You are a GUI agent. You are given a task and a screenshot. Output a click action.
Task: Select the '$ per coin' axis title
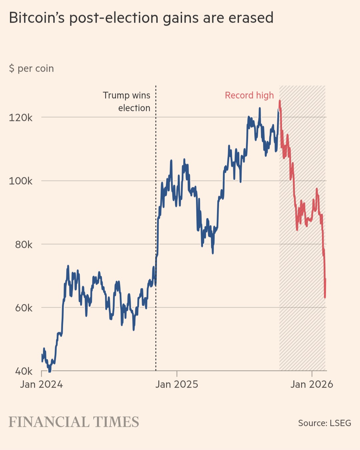pos(31,68)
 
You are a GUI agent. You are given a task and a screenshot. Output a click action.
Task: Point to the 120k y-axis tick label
pos(21,118)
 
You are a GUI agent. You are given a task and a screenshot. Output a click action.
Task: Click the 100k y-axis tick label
pos(21,181)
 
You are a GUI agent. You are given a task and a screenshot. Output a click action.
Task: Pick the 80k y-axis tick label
pos(24,245)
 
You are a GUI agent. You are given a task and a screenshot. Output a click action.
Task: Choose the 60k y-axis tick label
pos(24,308)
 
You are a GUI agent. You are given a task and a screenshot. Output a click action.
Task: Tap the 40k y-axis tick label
pos(24,371)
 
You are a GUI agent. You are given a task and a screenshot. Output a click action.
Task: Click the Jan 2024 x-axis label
pos(41,384)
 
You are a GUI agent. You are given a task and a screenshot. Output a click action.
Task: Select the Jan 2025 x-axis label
pos(177,384)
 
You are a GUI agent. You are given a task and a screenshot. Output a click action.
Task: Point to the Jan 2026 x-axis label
pos(312,384)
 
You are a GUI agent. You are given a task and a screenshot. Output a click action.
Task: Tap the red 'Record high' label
pos(249,95)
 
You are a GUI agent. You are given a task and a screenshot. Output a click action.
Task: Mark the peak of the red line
pos(280,101)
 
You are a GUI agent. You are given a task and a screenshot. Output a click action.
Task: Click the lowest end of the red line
pos(325,297)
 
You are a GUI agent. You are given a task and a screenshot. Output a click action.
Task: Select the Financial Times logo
pos(74,422)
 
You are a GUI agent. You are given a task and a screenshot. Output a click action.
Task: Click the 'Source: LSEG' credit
pos(324,423)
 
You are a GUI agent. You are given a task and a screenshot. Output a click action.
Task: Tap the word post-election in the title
pos(114,18)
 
